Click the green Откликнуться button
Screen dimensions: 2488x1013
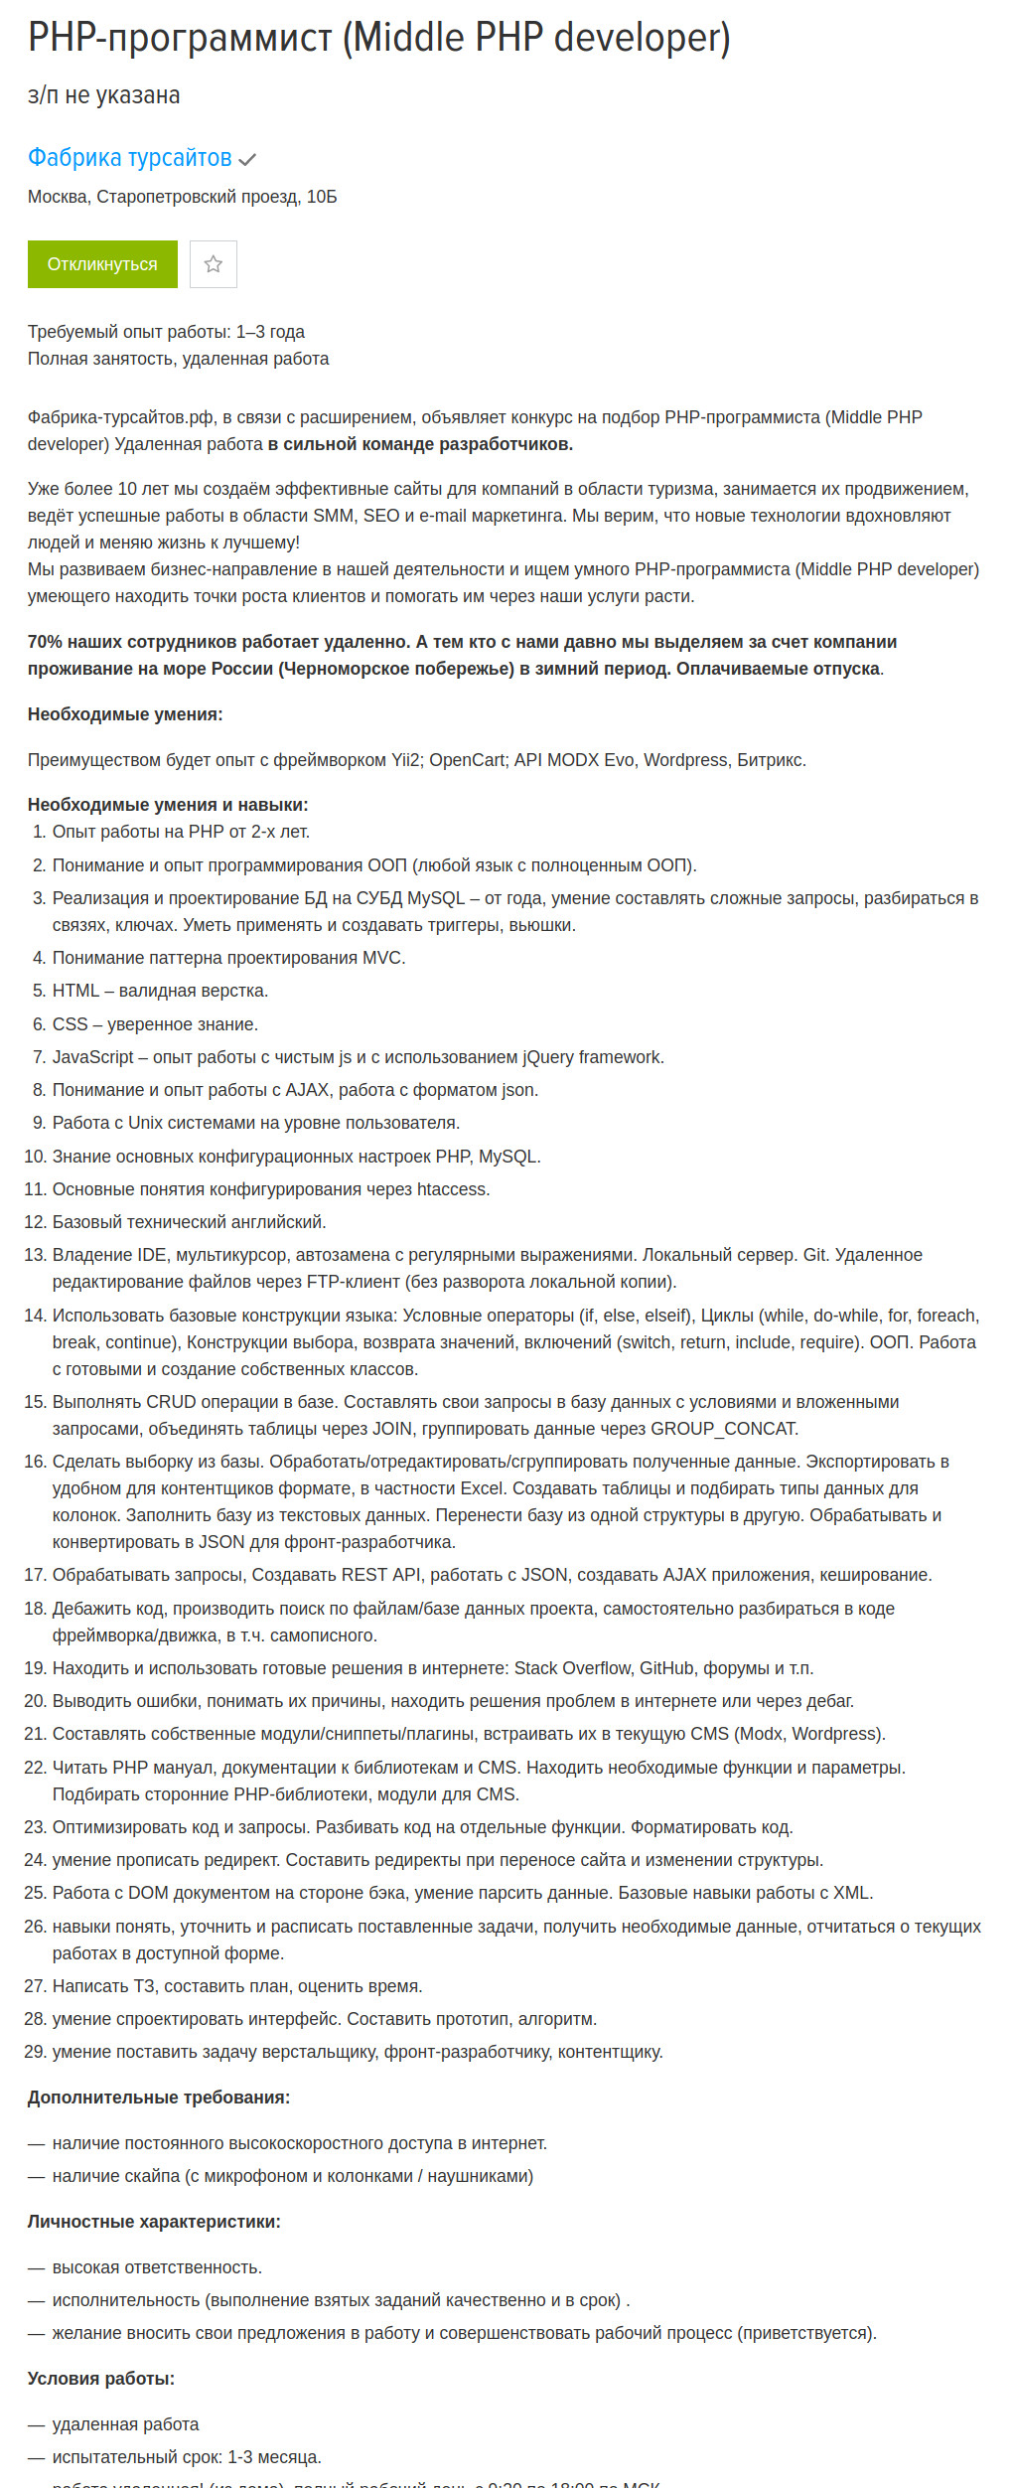(102, 264)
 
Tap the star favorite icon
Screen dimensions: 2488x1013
(214, 264)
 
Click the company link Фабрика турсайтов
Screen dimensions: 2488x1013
(129, 158)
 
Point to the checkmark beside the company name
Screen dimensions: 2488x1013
(247, 159)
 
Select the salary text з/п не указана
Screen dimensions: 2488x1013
(103, 95)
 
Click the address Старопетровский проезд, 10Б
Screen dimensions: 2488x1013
(217, 197)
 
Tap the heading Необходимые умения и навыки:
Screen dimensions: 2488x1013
(168, 805)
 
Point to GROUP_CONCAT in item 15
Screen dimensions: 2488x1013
(723, 1429)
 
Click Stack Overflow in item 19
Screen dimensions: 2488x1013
(572, 1668)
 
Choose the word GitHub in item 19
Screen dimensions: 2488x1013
(666, 1668)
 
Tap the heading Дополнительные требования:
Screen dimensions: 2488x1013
(159, 2098)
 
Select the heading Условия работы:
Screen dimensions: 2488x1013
(101, 2379)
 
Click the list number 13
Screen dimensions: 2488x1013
(35, 1255)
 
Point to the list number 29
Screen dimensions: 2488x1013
(35, 2052)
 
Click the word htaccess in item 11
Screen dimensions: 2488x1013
(452, 1189)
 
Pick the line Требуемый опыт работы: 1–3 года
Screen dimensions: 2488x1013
(166, 332)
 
